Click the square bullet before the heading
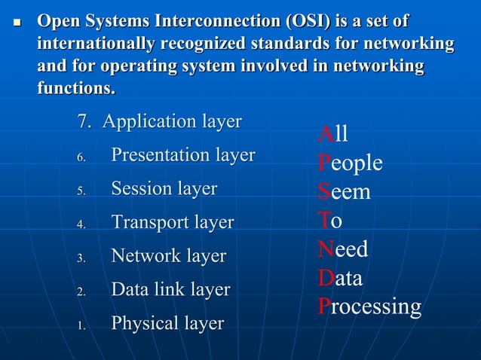pos(17,23)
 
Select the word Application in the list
pos(146,121)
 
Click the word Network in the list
pos(143,256)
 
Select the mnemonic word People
pos(350,163)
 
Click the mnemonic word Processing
pos(369,307)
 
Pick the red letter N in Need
pos(326,249)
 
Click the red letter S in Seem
pos(323,192)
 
